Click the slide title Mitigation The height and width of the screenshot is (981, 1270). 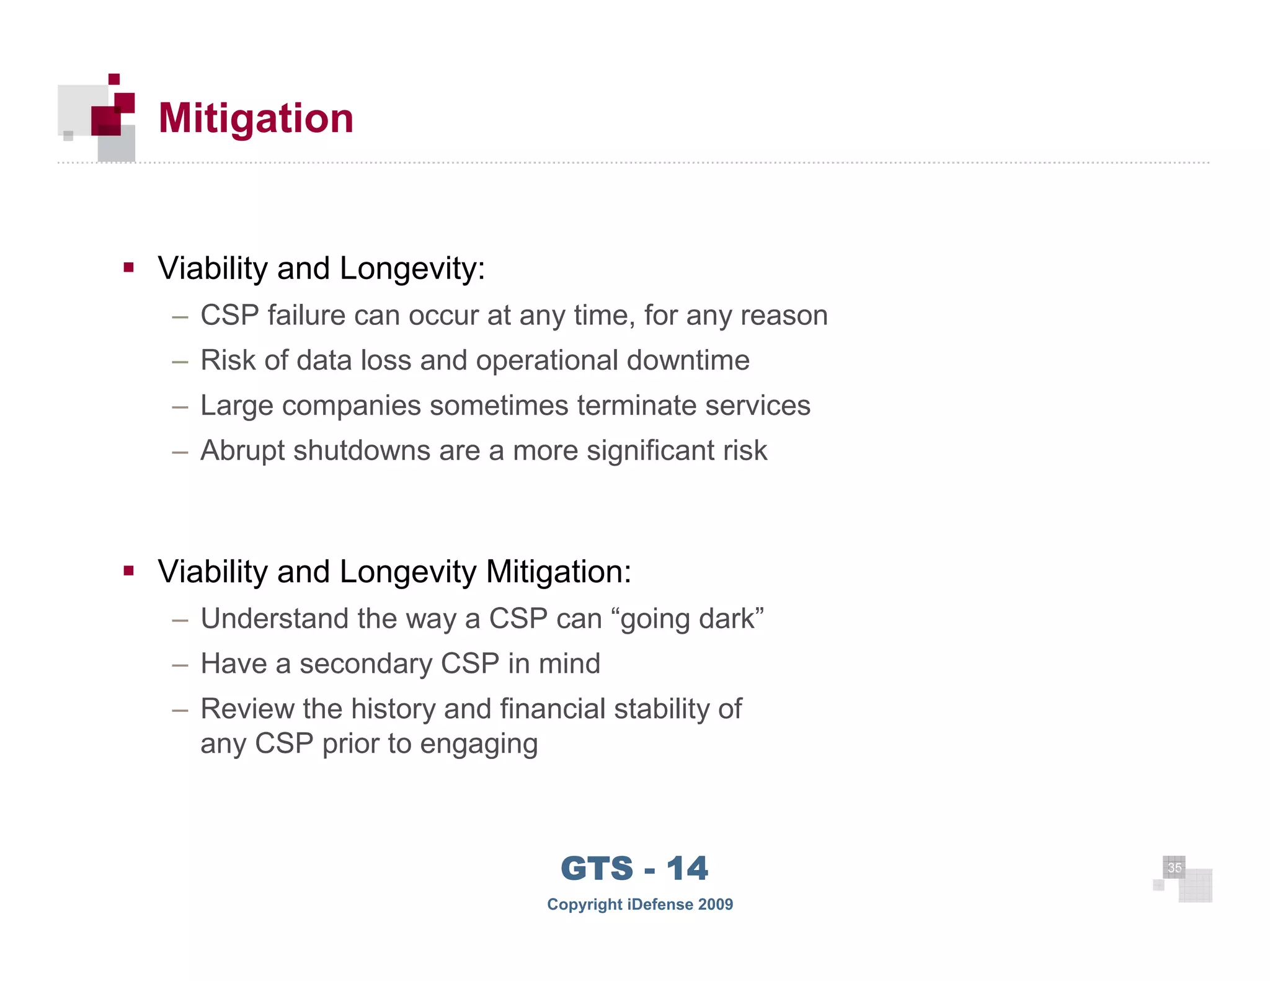click(255, 118)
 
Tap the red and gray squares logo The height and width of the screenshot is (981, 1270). click(98, 118)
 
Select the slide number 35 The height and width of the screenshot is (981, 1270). click(1175, 868)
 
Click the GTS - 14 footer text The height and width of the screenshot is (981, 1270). click(634, 868)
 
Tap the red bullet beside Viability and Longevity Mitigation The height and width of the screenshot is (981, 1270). click(129, 570)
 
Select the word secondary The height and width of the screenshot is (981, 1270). click(365, 664)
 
